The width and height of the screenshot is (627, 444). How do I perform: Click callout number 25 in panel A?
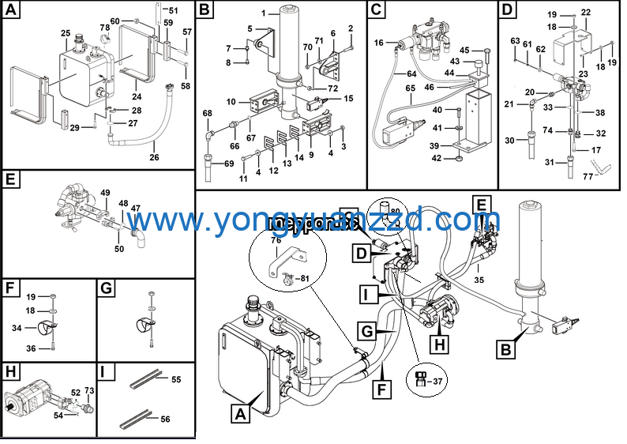(66, 32)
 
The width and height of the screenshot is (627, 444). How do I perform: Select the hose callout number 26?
(154, 157)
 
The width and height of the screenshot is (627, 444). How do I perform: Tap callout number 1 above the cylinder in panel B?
(265, 13)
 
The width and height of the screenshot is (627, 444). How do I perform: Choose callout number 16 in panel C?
(379, 43)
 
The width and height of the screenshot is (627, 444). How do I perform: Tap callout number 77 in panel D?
(588, 178)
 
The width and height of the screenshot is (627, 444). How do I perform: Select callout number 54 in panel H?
(58, 416)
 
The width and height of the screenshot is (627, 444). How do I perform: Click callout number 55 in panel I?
(175, 380)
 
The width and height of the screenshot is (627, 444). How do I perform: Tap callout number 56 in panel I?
(165, 420)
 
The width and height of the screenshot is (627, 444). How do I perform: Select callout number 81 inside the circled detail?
(304, 277)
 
